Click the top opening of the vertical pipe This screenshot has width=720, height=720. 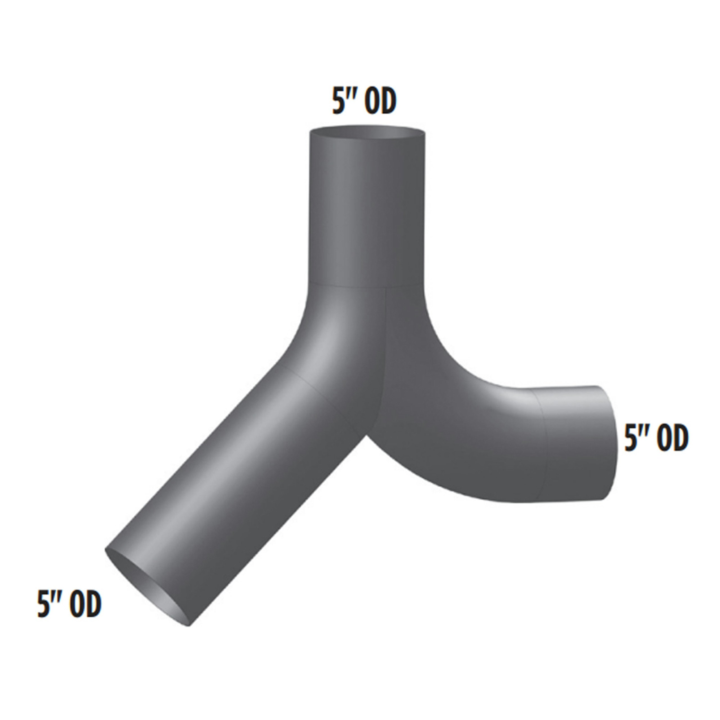point(368,133)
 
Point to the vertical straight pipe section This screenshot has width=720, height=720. point(368,209)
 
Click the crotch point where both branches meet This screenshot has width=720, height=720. point(367,435)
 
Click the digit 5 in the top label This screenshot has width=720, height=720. point(338,101)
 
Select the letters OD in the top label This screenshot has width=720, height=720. point(380,101)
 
